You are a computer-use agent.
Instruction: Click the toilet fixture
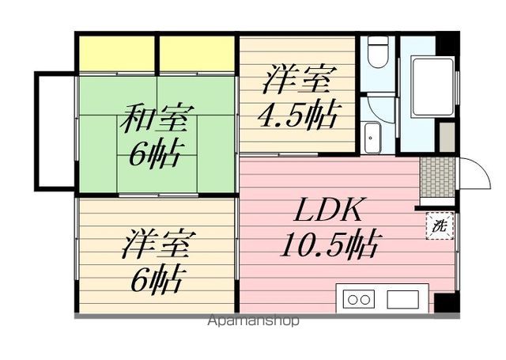[x=377, y=55]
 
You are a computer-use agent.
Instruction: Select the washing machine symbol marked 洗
[x=437, y=225]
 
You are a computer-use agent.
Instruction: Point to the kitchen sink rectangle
[x=402, y=299]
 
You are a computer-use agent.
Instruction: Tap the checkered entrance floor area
[x=435, y=175]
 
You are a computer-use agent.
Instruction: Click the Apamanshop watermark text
[x=253, y=321]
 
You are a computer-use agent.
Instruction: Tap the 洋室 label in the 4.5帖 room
[x=296, y=80]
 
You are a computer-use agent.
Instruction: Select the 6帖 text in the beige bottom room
[x=155, y=280]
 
